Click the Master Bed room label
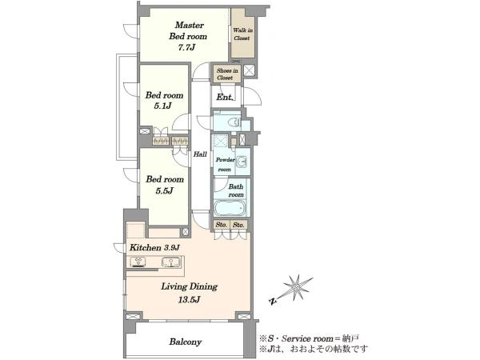[x=188, y=30]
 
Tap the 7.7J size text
[x=186, y=47]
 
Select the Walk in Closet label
[x=242, y=34]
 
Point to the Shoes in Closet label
[x=227, y=74]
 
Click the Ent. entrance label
[x=225, y=98]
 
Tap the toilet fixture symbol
[x=234, y=122]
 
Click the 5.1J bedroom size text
[x=162, y=106]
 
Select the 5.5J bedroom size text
[x=164, y=190]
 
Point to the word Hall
[x=200, y=154]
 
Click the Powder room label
[x=225, y=164]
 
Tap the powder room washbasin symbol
[x=242, y=162]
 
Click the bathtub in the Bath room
[x=230, y=208]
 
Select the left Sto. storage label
[x=221, y=225]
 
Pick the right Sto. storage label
[x=238, y=225]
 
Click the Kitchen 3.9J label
[x=154, y=247]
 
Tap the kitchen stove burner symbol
[x=138, y=262]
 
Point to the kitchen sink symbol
[x=170, y=262]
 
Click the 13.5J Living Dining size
[x=189, y=299]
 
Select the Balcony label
[x=186, y=342]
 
